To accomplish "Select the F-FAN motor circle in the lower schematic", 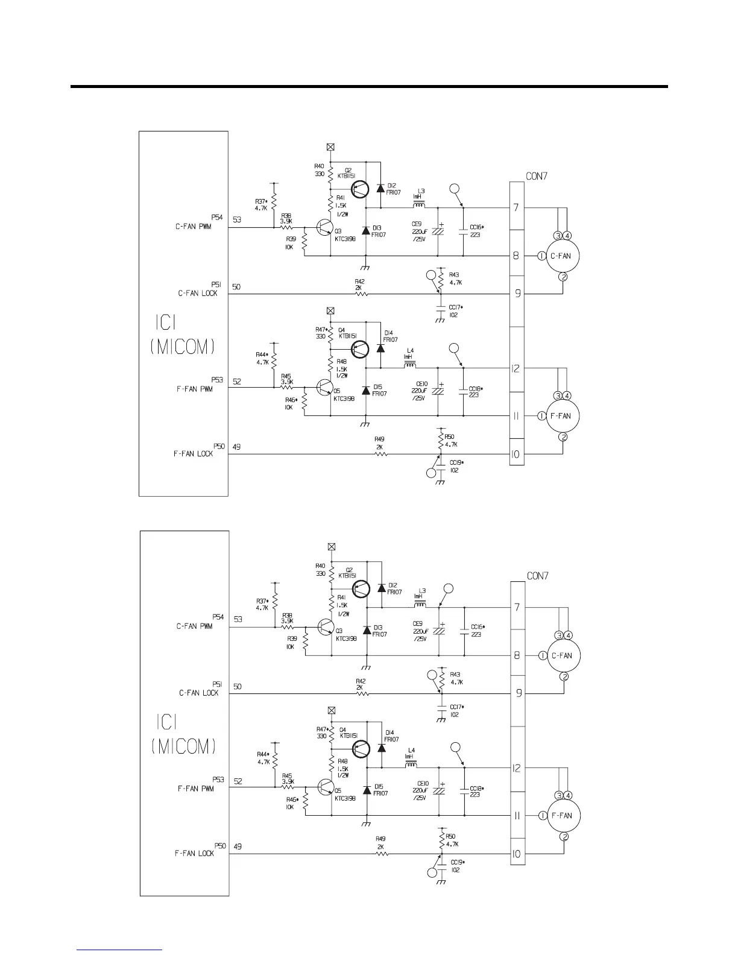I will (x=562, y=815).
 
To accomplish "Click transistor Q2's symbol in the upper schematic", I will (x=361, y=188).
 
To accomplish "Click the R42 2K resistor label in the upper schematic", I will (x=360, y=285).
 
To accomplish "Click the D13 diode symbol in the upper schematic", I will (x=366, y=231).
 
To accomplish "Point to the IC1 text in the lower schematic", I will (x=166, y=722).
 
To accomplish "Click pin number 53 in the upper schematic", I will (x=238, y=220).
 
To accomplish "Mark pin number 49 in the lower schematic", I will (x=238, y=846).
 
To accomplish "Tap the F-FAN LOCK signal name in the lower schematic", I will (x=195, y=853).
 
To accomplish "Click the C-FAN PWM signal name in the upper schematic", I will (x=194, y=227).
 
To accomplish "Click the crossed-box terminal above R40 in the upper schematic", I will (x=330, y=147).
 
